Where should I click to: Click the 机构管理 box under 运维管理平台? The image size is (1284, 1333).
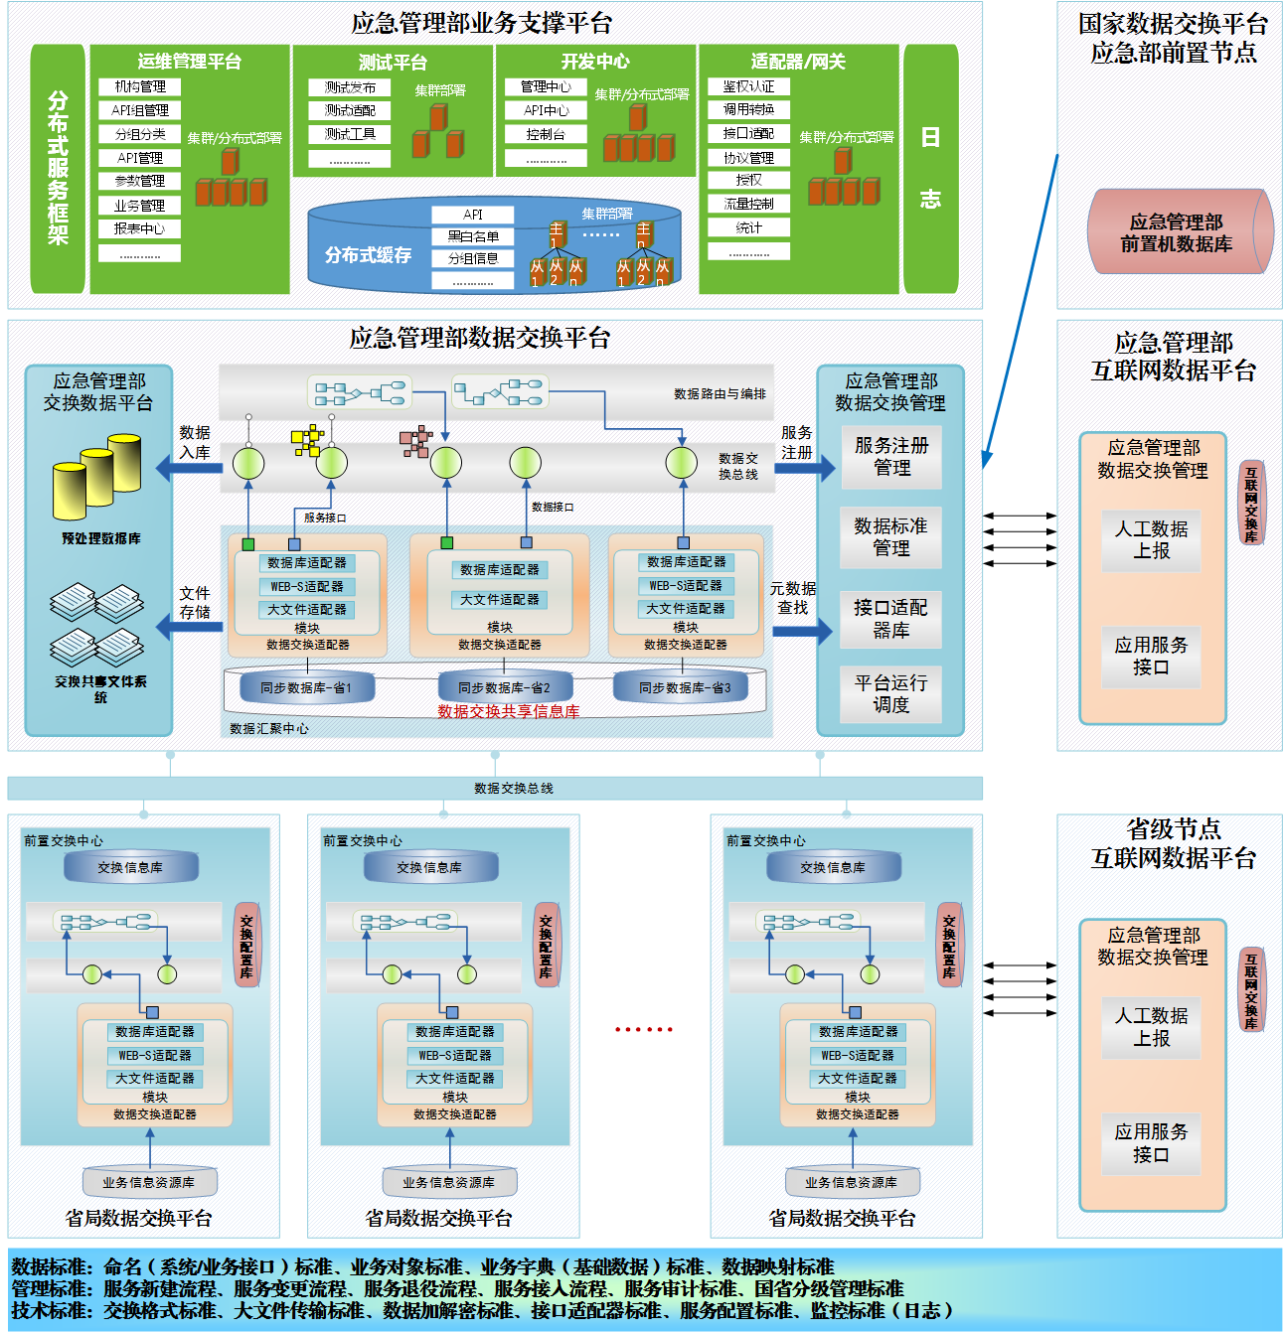click(x=140, y=86)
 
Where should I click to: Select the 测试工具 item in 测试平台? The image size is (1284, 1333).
click(x=350, y=134)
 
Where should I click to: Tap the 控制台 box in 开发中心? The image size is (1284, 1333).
click(x=546, y=134)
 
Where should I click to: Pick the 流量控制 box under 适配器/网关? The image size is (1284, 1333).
click(x=749, y=204)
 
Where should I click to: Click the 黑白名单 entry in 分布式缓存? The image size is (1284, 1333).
click(x=473, y=236)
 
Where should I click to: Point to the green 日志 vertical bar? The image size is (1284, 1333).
click(x=930, y=169)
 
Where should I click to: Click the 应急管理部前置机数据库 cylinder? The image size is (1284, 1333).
click(x=1176, y=232)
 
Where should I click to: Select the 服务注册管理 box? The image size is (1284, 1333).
click(x=891, y=457)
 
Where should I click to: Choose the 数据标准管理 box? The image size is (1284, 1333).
click(x=891, y=536)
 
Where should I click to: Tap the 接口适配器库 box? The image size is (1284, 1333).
click(x=891, y=618)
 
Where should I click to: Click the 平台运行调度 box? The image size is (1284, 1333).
click(x=891, y=693)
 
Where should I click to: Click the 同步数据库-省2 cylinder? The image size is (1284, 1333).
click(x=504, y=687)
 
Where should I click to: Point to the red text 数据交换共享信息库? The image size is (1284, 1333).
click(x=509, y=711)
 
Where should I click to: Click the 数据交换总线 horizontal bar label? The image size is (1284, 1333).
click(x=514, y=789)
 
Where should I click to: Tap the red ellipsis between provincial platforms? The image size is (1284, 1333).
click(x=644, y=1029)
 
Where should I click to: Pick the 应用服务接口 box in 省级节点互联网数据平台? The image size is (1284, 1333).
click(x=1151, y=1143)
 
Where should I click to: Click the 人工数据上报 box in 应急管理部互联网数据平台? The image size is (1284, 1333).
click(x=1151, y=539)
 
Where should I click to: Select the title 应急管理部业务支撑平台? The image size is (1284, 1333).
click(x=481, y=23)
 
